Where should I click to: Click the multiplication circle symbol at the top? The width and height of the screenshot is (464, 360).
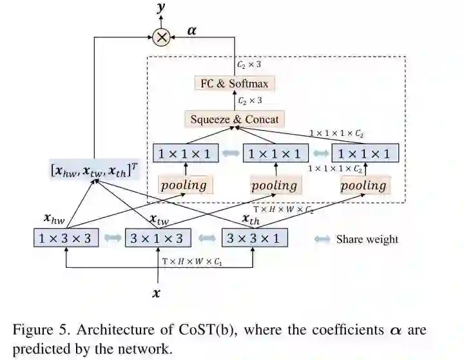point(161,37)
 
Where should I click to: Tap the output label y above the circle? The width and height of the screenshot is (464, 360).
point(160,8)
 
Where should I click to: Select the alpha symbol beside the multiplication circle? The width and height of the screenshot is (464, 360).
point(192,30)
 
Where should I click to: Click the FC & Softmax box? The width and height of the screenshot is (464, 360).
point(234,83)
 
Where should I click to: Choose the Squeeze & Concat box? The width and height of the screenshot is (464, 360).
point(235,119)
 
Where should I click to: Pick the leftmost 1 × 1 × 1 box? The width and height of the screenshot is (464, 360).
point(186,153)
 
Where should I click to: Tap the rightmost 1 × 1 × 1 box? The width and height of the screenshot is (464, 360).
point(365,153)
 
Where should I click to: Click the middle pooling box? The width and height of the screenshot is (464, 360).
point(275,185)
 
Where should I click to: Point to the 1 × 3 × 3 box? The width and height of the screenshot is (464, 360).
point(66,238)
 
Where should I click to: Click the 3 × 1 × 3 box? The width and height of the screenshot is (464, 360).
point(158,238)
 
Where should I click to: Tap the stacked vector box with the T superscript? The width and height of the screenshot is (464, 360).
point(95,171)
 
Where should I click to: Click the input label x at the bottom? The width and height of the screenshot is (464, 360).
point(156,293)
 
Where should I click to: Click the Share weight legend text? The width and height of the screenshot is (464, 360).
point(367,239)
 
